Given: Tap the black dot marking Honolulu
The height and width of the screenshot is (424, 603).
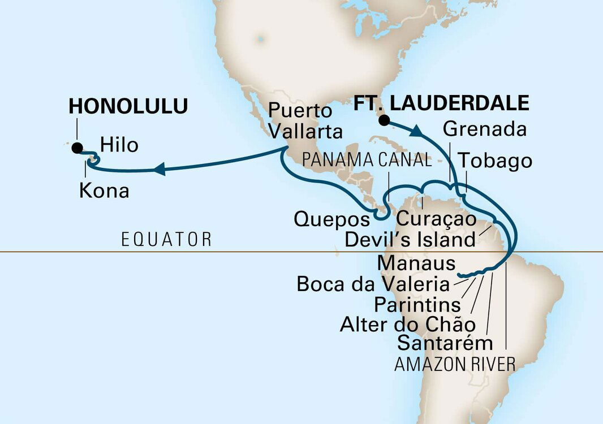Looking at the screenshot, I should click(x=76, y=148).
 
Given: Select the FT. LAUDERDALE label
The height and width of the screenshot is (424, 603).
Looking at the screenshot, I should click(x=441, y=103).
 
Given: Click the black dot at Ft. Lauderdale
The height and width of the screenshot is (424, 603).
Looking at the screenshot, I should click(x=384, y=120).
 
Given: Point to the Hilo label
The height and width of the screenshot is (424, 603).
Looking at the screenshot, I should click(x=119, y=145).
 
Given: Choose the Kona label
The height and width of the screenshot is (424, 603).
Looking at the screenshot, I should click(x=104, y=191).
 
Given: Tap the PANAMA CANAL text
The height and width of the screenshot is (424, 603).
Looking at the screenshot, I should click(x=367, y=160).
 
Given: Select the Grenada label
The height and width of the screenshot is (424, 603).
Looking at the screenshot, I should click(x=485, y=129).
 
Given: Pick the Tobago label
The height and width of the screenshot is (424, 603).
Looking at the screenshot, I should click(x=495, y=161).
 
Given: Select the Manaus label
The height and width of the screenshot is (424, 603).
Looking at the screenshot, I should click(x=416, y=262).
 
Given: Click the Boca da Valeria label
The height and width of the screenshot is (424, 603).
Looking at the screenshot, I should click(x=374, y=284).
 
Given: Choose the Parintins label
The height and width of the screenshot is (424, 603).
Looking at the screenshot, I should click(x=417, y=305).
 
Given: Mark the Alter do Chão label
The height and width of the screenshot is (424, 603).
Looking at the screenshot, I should click(x=407, y=324).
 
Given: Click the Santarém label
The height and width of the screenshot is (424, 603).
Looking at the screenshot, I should click(x=445, y=343).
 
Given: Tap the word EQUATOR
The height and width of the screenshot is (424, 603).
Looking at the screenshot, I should click(x=166, y=239).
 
